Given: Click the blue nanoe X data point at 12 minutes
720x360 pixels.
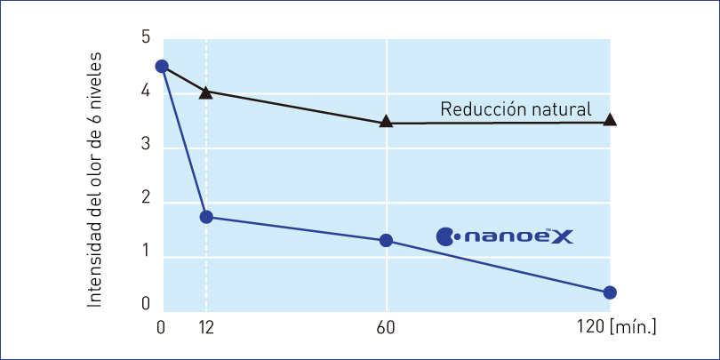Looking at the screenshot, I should [x=206, y=217].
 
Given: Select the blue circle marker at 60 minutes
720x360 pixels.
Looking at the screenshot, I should [x=386, y=241].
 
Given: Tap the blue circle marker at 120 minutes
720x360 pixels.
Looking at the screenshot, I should [x=610, y=292].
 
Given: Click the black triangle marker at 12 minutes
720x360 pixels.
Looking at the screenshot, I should [x=206, y=92].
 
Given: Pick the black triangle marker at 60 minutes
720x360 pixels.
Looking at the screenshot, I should [x=386, y=122].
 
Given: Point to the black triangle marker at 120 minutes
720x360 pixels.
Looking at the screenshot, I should [x=610, y=119].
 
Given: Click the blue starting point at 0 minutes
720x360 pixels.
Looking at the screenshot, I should [x=161, y=67].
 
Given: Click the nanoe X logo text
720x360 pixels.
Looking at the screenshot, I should [x=516, y=236].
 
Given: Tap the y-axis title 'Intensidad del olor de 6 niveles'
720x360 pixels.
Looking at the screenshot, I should [x=94, y=180].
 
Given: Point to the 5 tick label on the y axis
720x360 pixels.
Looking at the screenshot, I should [x=146, y=37].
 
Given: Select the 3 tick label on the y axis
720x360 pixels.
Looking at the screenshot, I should [x=146, y=146].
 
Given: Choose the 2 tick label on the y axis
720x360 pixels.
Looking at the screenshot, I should [x=146, y=201].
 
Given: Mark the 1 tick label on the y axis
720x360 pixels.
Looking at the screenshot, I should [x=146, y=256].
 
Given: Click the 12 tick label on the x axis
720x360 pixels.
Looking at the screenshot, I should [x=206, y=328].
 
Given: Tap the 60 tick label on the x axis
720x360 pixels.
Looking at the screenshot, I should [x=386, y=328].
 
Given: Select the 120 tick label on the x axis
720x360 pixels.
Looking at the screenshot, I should [x=589, y=328].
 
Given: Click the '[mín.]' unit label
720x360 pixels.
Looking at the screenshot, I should [x=633, y=328].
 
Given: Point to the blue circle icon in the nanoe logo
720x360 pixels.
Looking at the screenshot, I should [x=446, y=236].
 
